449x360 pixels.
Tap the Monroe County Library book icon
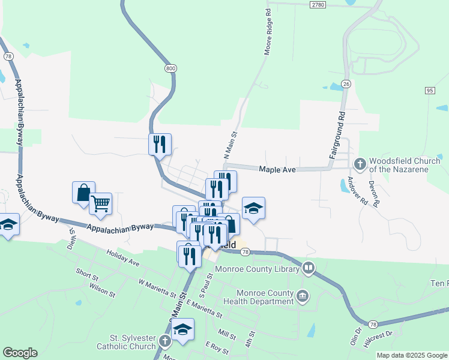(309, 268)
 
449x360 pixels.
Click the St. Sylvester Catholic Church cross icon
(166, 343)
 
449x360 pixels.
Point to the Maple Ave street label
(277, 170)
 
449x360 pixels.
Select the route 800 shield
(170, 68)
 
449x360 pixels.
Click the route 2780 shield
(318, 4)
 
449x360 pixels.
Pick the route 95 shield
(429, 90)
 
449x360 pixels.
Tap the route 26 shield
(346, 83)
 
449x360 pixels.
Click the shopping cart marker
(100, 203)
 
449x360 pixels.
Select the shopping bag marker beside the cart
(83, 193)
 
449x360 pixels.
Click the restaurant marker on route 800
(160, 144)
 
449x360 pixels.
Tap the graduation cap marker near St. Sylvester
(183, 329)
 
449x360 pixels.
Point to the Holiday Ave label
(122, 259)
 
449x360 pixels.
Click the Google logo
(20, 353)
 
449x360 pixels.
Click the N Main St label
(231, 146)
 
